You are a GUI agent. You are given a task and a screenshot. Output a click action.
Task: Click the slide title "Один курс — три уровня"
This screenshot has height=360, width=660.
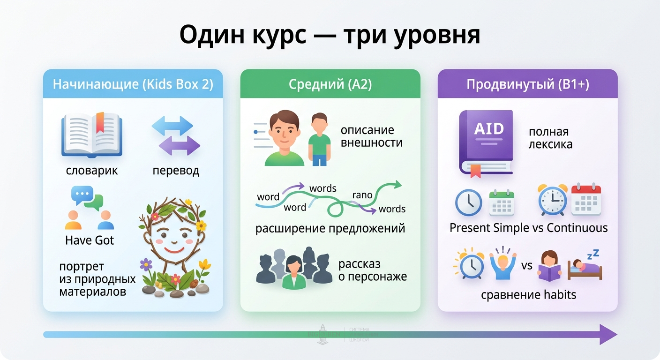tap(330, 35)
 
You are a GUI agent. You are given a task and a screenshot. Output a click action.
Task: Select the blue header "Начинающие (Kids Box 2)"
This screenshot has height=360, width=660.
tap(133, 84)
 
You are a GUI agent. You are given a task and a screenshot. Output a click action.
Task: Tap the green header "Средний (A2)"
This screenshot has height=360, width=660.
tap(330, 84)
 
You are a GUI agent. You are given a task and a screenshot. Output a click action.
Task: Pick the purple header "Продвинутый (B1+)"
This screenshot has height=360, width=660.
tap(527, 84)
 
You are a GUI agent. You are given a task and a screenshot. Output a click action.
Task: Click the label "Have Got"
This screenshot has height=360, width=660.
tap(90, 240)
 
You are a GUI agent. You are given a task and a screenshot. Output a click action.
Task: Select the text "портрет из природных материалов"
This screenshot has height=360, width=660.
tap(97, 279)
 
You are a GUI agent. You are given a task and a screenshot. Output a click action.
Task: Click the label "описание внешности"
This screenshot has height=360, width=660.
tap(371, 136)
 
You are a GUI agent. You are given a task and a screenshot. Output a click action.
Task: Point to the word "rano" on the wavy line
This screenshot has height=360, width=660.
tap(362, 195)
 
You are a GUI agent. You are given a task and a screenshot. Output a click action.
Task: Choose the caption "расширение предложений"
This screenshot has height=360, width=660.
tap(330, 229)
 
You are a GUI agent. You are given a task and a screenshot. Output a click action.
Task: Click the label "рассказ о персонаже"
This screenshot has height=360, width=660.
tap(372, 270)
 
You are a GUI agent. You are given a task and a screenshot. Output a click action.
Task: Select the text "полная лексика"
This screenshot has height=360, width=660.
tap(550, 138)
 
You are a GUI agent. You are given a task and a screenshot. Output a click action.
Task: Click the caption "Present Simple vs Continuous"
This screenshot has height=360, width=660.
tap(528, 228)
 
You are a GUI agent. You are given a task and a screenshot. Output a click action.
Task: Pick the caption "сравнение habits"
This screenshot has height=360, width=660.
tap(528, 295)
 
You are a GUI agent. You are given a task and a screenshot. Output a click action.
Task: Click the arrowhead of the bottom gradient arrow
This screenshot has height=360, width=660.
tap(608, 334)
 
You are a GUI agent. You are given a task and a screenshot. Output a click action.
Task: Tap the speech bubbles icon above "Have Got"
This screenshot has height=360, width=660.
tap(87, 198)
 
